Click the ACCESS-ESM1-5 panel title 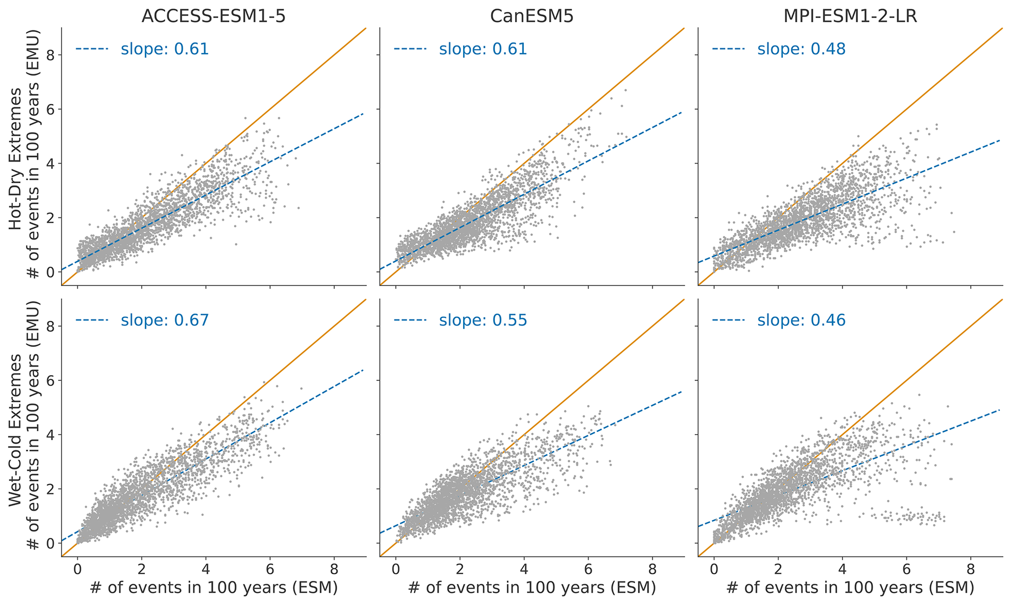click(213, 17)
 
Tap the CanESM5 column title click(532, 17)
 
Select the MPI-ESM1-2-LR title click(850, 17)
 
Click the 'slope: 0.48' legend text click(801, 49)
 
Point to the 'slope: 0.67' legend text click(165, 320)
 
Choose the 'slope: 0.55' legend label click(483, 320)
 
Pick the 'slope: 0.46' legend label click(801, 320)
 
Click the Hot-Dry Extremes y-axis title click(16, 158)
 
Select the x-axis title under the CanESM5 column click(532, 587)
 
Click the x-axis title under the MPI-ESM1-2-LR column click(850, 587)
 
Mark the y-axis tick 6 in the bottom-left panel click(49, 381)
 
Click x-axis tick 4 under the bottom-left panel click(206, 571)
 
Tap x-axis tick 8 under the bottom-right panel click(970, 571)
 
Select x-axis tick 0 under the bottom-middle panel click(396, 571)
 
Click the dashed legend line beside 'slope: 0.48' click(728, 49)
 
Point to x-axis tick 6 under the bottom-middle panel click(588, 571)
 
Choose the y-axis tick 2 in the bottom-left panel click(49, 489)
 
